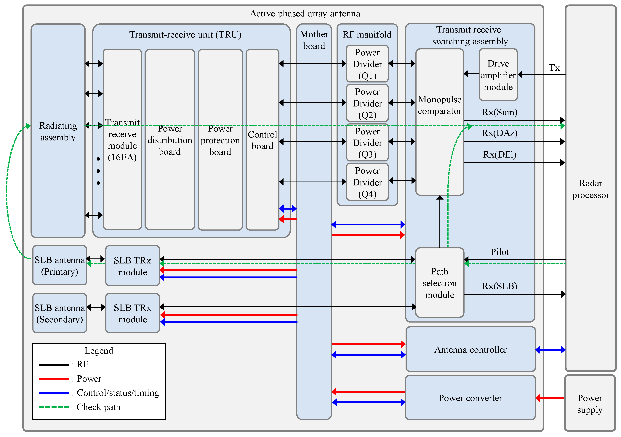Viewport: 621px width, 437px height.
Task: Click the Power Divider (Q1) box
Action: [x=367, y=64]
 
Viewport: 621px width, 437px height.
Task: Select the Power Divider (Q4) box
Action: [x=367, y=182]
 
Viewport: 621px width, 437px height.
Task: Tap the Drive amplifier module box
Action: [x=498, y=75]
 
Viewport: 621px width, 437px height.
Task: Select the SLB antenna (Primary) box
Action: [x=60, y=266]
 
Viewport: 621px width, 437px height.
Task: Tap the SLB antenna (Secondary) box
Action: [x=60, y=313]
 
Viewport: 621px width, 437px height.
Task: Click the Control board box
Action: [x=262, y=140]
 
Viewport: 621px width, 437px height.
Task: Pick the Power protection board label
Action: [x=220, y=140]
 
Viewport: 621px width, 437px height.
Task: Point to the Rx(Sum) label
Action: [x=500, y=112]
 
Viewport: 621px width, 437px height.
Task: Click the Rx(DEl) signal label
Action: [x=500, y=154]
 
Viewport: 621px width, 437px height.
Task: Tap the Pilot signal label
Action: [x=500, y=252]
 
